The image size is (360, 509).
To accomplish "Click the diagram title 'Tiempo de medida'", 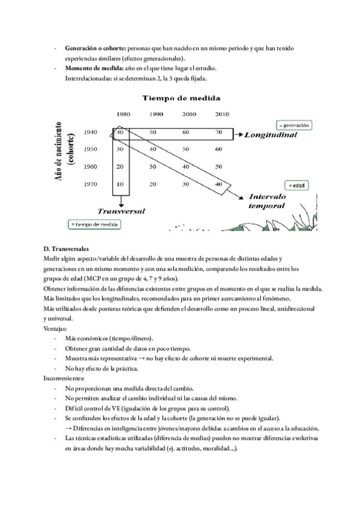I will pyautogui.click(x=180, y=98).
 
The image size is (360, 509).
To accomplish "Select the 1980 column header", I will pyautogui.click(x=124, y=114).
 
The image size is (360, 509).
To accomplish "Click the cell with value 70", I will pyautogui.click(x=218, y=132).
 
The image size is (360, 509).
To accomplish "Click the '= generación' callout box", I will pyautogui.click(x=293, y=125).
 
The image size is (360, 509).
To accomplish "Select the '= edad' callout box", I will pyautogui.click(x=296, y=185).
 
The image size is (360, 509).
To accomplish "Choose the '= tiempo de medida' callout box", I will pyautogui.click(x=94, y=224).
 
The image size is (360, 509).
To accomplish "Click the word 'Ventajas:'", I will pyautogui.click(x=55, y=328).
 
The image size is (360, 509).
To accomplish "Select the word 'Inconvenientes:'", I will pyautogui.click(x=64, y=379).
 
